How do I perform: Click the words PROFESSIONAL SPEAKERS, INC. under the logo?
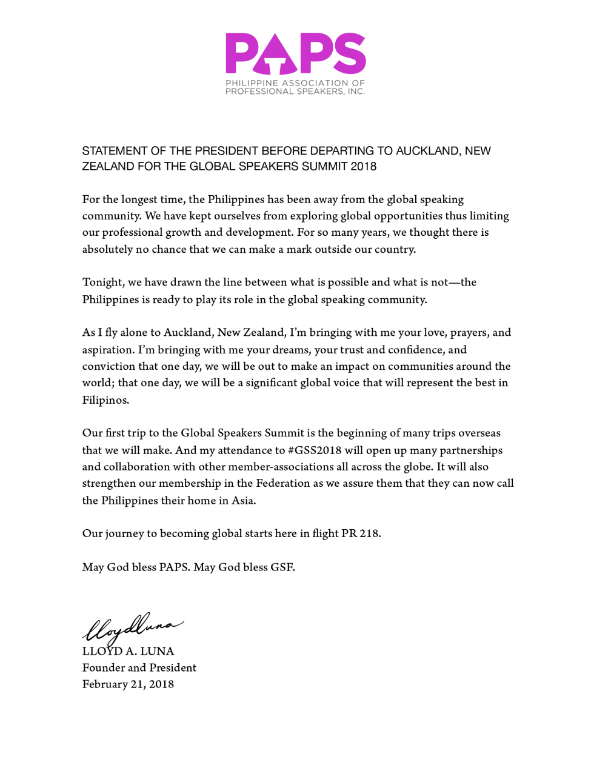coord(295,92)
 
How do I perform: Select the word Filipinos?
coord(105,400)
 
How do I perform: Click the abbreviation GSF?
coord(282,567)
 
